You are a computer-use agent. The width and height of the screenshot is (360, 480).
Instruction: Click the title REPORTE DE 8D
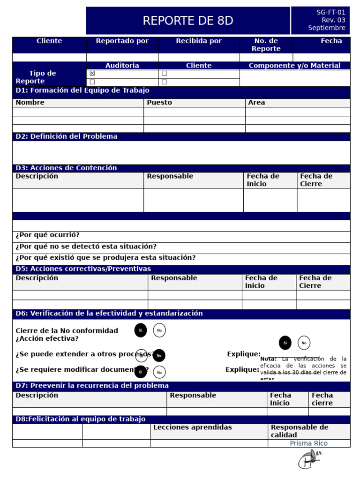click(187, 21)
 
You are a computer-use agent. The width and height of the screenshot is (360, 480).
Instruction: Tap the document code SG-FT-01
click(330, 13)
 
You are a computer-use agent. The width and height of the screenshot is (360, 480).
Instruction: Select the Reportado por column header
click(122, 41)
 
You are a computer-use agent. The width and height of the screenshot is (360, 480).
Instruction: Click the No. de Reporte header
click(266, 45)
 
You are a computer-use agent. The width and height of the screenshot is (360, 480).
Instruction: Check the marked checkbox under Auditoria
click(92, 74)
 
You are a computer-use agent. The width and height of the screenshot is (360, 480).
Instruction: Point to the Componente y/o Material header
click(294, 66)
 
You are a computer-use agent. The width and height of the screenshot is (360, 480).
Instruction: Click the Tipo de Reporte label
click(42, 77)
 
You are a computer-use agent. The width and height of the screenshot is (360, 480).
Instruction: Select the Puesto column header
click(159, 103)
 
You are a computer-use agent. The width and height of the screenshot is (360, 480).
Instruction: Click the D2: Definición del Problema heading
click(67, 136)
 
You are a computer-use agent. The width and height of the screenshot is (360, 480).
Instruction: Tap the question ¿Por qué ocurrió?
click(47, 235)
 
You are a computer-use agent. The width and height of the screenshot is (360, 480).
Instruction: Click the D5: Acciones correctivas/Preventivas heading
click(83, 269)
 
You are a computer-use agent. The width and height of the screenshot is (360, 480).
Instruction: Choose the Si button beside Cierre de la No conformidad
click(141, 330)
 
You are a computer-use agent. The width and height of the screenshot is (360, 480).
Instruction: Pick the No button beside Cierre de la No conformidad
click(159, 330)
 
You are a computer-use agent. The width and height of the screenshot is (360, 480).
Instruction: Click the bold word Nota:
click(269, 359)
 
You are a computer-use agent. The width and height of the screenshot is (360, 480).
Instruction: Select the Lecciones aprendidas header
click(192, 427)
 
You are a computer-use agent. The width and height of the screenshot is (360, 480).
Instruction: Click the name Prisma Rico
click(308, 443)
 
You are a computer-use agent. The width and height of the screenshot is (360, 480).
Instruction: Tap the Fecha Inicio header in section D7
click(280, 399)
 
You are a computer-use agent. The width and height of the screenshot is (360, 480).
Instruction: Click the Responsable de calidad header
click(299, 431)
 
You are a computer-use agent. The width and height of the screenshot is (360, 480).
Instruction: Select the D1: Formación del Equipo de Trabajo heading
click(82, 90)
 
